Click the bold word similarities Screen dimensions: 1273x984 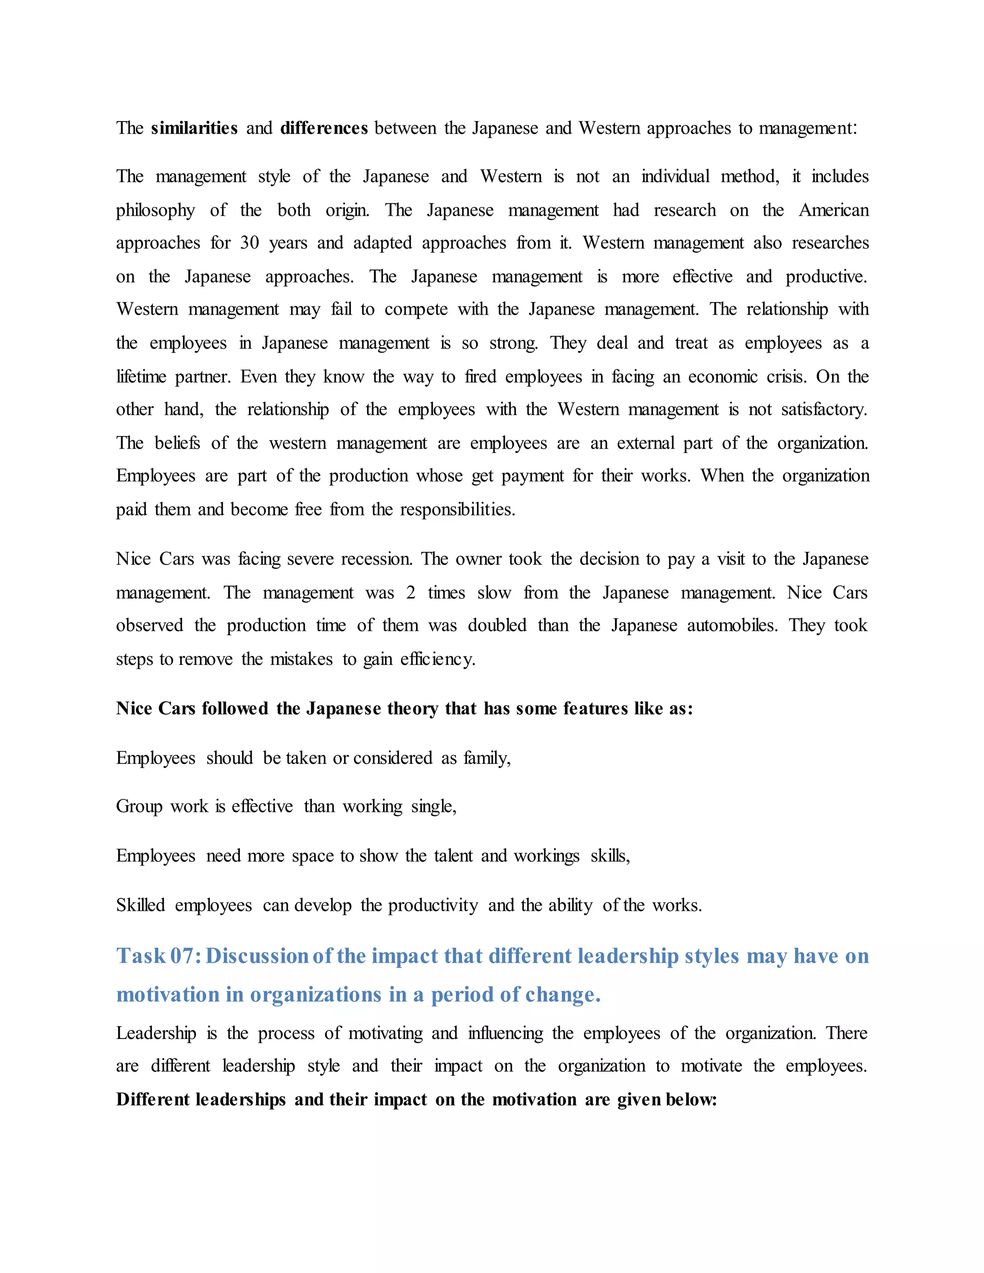[194, 128]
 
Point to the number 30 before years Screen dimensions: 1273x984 [249, 243]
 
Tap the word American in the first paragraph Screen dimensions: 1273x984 [834, 210]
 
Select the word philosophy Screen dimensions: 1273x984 [155, 210]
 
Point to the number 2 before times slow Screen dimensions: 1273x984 [410, 593]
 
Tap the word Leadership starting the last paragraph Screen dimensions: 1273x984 [156, 1033]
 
